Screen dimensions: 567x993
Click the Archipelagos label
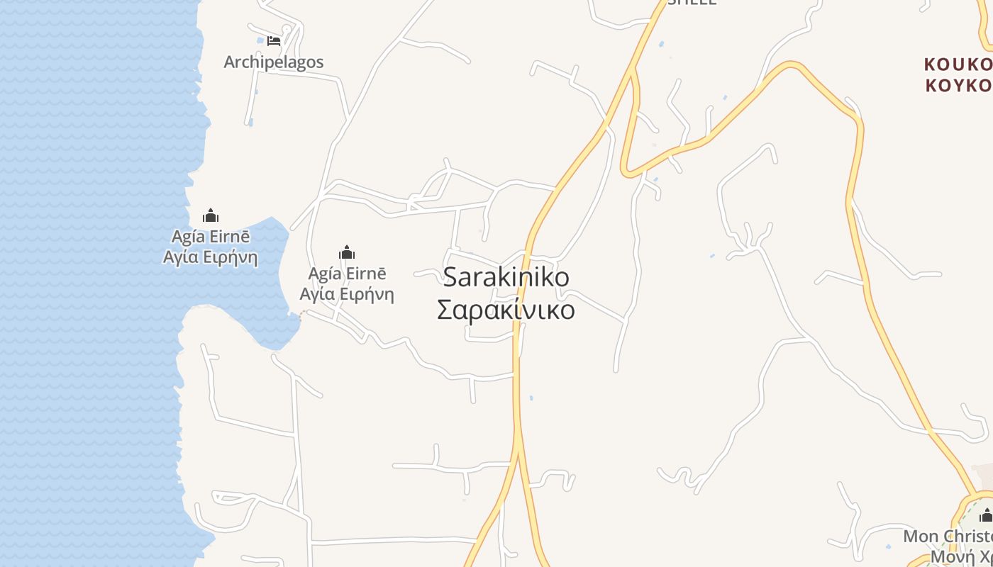pos(274,62)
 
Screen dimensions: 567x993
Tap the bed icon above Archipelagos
pos(274,41)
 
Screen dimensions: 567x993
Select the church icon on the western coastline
pos(211,215)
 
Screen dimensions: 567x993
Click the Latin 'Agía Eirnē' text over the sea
pos(209,236)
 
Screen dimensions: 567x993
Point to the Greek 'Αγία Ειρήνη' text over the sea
pos(210,257)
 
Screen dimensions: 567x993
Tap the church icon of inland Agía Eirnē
pos(347,252)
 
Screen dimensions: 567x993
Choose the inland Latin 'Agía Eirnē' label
pos(347,274)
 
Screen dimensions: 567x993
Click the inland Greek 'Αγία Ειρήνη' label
pos(347,294)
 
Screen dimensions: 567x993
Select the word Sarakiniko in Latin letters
pos(506,277)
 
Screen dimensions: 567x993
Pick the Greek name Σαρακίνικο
pos(506,310)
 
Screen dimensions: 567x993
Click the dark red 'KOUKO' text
pos(958,64)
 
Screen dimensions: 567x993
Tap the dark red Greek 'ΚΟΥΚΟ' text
pos(958,86)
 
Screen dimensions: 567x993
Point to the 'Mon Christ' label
pos(948,536)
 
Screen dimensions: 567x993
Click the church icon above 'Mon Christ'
pos(986,515)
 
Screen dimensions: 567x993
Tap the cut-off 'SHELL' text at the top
pos(692,2)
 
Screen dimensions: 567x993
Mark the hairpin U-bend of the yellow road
pos(627,170)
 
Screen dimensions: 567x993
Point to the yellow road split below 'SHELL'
pos(633,71)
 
